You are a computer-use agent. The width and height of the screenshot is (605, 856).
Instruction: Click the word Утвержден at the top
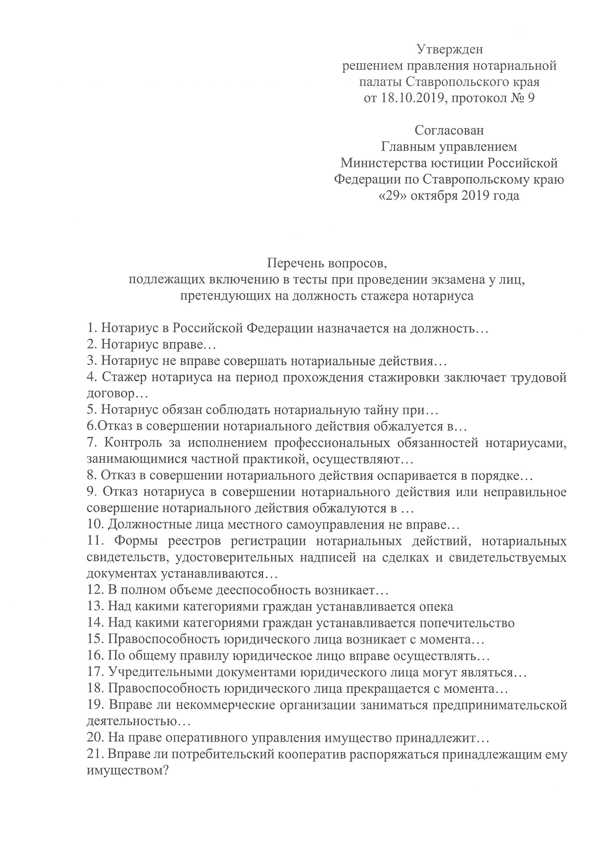pyautogui.click(x=449, y=49)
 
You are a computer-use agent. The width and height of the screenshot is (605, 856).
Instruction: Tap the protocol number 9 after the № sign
pyautogui.click(x=531, y=98)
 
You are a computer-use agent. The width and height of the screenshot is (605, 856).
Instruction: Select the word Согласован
pyautogui.click(x=449, y=131)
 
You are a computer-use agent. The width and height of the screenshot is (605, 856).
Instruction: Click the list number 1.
pyautogui.click(x=91, y=328)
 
